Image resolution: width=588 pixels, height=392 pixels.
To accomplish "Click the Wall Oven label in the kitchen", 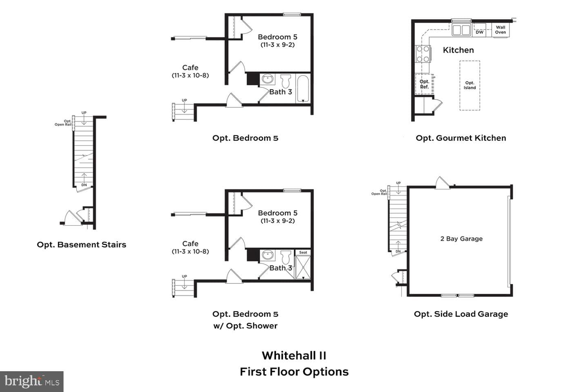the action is coord(500,30).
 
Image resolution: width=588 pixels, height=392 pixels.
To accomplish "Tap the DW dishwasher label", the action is coord(479,32).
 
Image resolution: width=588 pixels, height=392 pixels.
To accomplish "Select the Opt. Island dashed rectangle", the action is coord(470,85).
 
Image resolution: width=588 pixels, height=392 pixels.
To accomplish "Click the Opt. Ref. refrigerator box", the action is coord(424,84).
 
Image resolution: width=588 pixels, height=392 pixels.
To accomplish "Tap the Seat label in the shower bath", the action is coord(303,252).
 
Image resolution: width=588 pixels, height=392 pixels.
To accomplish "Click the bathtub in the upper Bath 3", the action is coord(303,89).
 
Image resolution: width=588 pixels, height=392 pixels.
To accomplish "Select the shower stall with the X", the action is coord(303,267).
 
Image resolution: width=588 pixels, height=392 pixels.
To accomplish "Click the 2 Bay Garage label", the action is coord(461,238).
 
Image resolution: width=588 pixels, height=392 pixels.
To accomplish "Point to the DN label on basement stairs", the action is coord(84,185).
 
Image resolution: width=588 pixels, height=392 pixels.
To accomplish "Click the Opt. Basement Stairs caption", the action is coord(81,245).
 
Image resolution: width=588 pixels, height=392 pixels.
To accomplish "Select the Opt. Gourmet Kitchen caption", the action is coord(461,138).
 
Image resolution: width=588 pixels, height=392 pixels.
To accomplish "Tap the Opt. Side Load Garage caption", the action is coord(461,314).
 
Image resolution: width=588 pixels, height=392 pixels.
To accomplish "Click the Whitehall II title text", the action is coord(294,356).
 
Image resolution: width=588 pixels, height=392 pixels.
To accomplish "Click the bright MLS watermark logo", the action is coord(32,381).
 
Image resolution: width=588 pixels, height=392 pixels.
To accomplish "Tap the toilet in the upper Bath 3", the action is coord(285,81).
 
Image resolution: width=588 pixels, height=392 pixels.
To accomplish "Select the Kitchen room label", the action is coord(458,50).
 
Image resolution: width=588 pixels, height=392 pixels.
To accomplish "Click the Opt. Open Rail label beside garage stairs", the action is coord(379,192).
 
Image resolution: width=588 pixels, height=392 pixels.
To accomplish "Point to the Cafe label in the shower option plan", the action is coord(190,244).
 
